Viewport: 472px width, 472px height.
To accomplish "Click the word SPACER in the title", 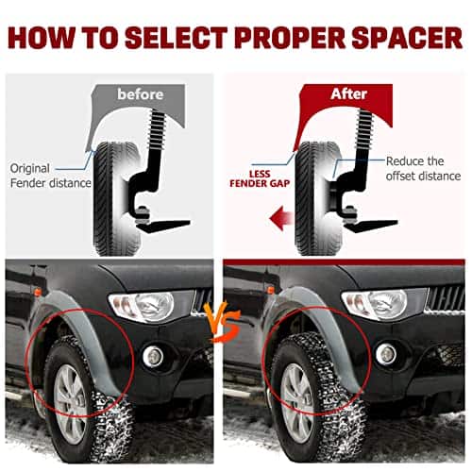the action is click(x=407, y=38).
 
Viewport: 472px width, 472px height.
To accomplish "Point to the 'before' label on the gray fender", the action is click(x=141, y=94).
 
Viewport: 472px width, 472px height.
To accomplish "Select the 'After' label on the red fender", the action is click(x=349, y=93).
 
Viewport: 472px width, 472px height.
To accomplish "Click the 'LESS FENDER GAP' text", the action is click(x=260, y=178).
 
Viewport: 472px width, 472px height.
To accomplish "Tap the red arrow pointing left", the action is click(x=281, y=218).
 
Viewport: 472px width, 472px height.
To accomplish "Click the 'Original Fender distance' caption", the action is click(x=50, y=176).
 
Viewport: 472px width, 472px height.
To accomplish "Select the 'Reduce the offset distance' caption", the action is click(x=423, y=169).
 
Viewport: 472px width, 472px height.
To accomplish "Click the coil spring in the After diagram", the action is click(x=364, y=129).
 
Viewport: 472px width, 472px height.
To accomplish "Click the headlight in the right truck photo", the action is click(x=375, y=305).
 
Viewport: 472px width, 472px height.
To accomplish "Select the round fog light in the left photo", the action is click(x=153, y=357).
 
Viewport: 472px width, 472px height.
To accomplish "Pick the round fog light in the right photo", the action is click(x=386, y=354).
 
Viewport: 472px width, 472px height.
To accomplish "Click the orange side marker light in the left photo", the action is click(x=38, y=293).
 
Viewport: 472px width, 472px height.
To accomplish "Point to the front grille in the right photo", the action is click(x=446, y=298).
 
